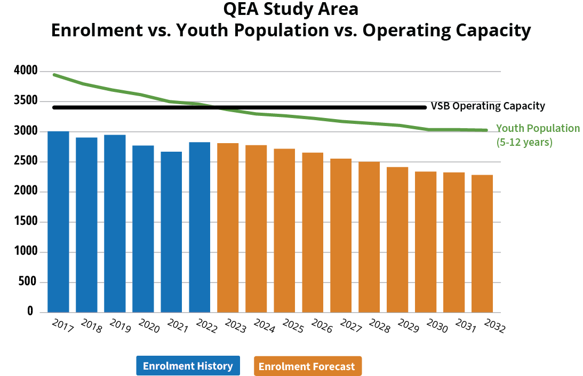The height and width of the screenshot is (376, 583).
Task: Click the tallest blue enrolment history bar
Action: (x=58, y=221)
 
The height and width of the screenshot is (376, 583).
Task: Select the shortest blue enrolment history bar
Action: (x=171, y=232)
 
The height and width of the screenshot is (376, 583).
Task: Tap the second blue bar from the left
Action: (x=86, y=224)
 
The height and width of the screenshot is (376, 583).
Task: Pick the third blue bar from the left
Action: (x=115, y=223)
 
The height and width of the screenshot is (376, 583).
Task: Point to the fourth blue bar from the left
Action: (x=143, y=229)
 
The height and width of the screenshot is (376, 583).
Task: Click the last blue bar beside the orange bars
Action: (x=199, y=227)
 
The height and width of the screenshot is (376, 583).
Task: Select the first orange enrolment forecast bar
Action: (x=228, y=228)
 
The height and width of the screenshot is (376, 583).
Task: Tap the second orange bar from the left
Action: (x=256, y=228)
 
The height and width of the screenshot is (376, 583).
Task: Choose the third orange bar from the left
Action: (x=284, y=230)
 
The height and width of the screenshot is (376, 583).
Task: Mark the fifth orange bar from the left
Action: (x=341, y=235)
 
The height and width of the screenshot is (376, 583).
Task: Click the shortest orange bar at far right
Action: (x=482, y=243)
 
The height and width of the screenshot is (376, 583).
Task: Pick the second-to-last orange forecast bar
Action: (x=454, y=242)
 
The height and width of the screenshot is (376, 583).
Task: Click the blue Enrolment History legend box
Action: (x=188, y=366)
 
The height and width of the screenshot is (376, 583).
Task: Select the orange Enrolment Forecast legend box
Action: (x=308, y=366)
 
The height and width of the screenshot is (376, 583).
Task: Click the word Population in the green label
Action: (x=553, y=128)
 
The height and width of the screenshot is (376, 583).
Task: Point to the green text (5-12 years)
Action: (x=524, y=143)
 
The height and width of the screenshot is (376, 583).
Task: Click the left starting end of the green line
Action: (x=54, y=75)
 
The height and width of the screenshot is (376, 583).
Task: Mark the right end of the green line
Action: (x=486, y=130)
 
